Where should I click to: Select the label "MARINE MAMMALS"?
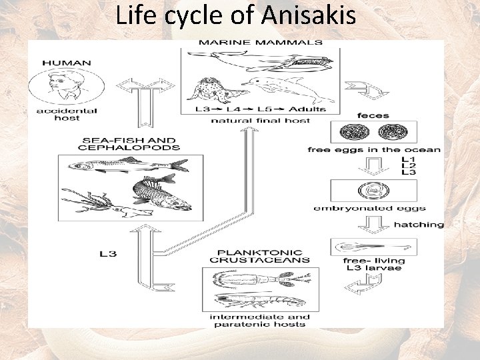261,43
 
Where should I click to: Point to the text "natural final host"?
261,121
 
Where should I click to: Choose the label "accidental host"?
67,115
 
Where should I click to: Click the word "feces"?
373,116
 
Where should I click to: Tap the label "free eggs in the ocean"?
374,150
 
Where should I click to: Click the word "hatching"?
419,225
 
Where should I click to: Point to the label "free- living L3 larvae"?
374,264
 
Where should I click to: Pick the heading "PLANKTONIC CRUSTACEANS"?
260,255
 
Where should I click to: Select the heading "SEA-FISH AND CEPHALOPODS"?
131,143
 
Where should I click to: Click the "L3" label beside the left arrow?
108,254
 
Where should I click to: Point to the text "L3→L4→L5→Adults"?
261,108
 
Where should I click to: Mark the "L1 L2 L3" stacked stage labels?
409,166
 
